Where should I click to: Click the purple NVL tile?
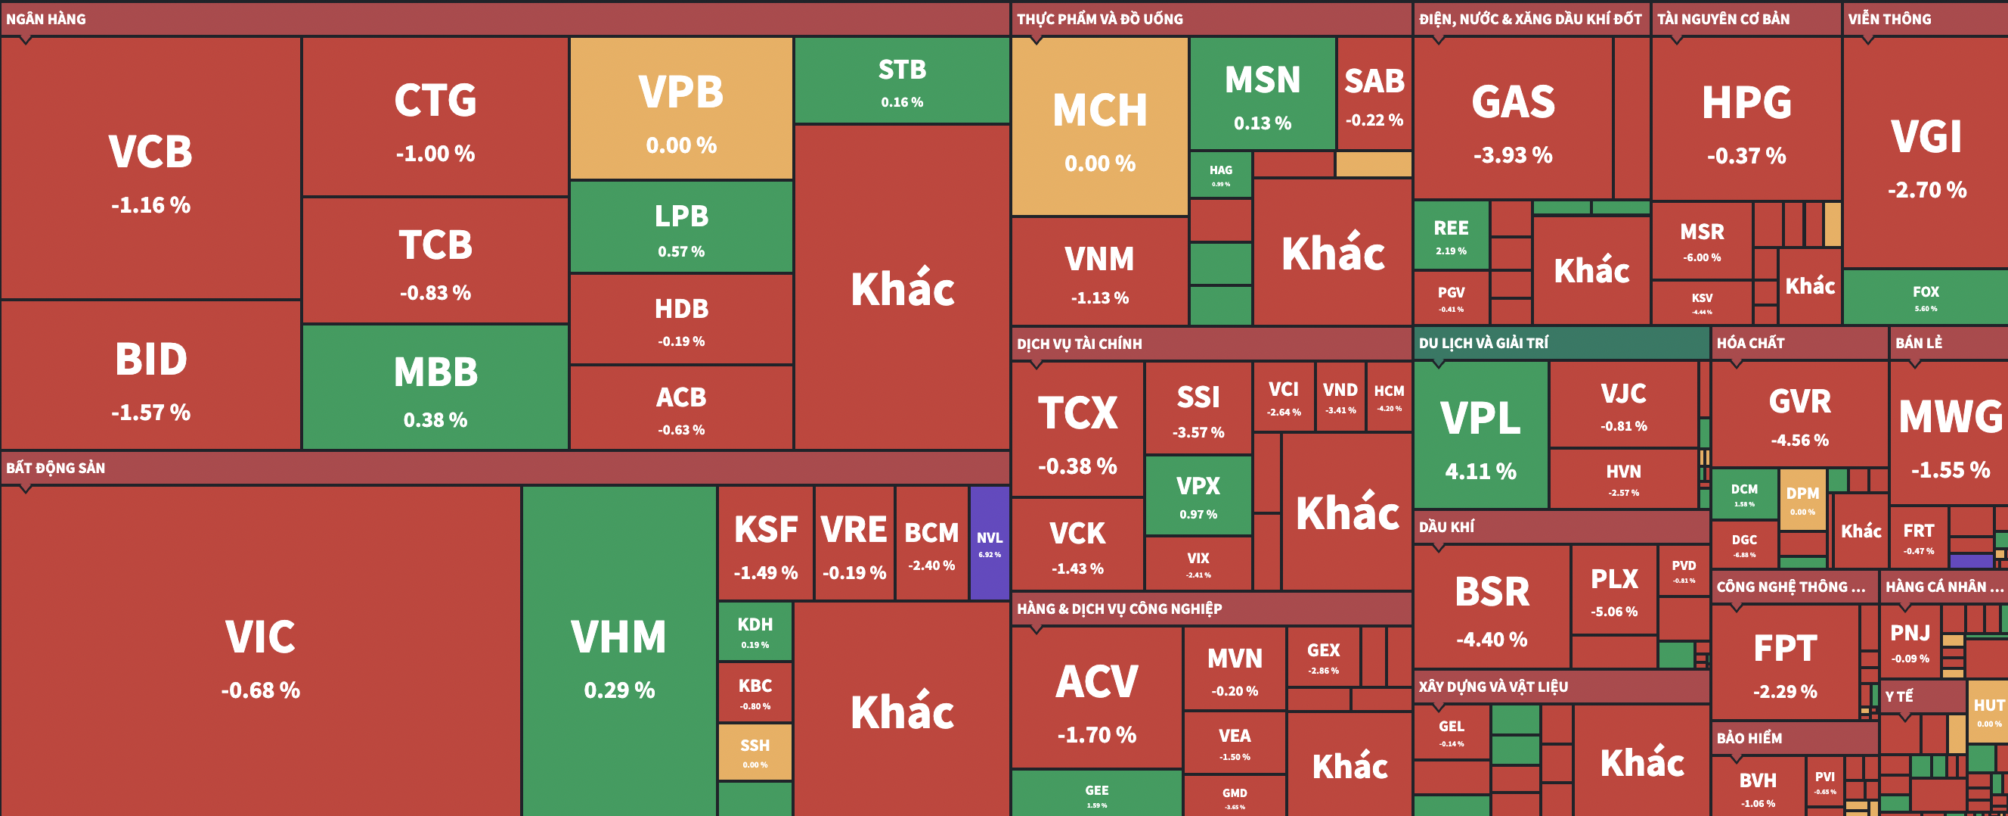(989, 543)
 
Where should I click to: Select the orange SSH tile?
(755, 752)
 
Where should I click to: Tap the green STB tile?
(902, 80)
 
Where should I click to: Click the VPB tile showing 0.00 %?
(680, 109)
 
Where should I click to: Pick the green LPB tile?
(680, 227)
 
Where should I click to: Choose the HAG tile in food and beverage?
(1220, 176)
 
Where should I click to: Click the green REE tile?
(1450, 235)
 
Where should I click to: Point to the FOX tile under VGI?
(1925, 297)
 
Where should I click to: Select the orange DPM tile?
(1802, 500)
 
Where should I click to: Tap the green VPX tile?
(1198, 496)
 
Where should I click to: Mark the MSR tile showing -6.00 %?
(1702, 240)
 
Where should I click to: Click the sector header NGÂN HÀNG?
(46, 19)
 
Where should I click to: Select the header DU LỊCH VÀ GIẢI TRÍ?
(1483, 343)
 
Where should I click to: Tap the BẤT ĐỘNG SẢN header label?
(55, 468)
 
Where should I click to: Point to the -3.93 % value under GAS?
(1512, 155)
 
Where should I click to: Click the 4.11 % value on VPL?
(1480, 471)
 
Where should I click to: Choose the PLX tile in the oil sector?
(1613, 590)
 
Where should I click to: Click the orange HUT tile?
(1988, 710)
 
